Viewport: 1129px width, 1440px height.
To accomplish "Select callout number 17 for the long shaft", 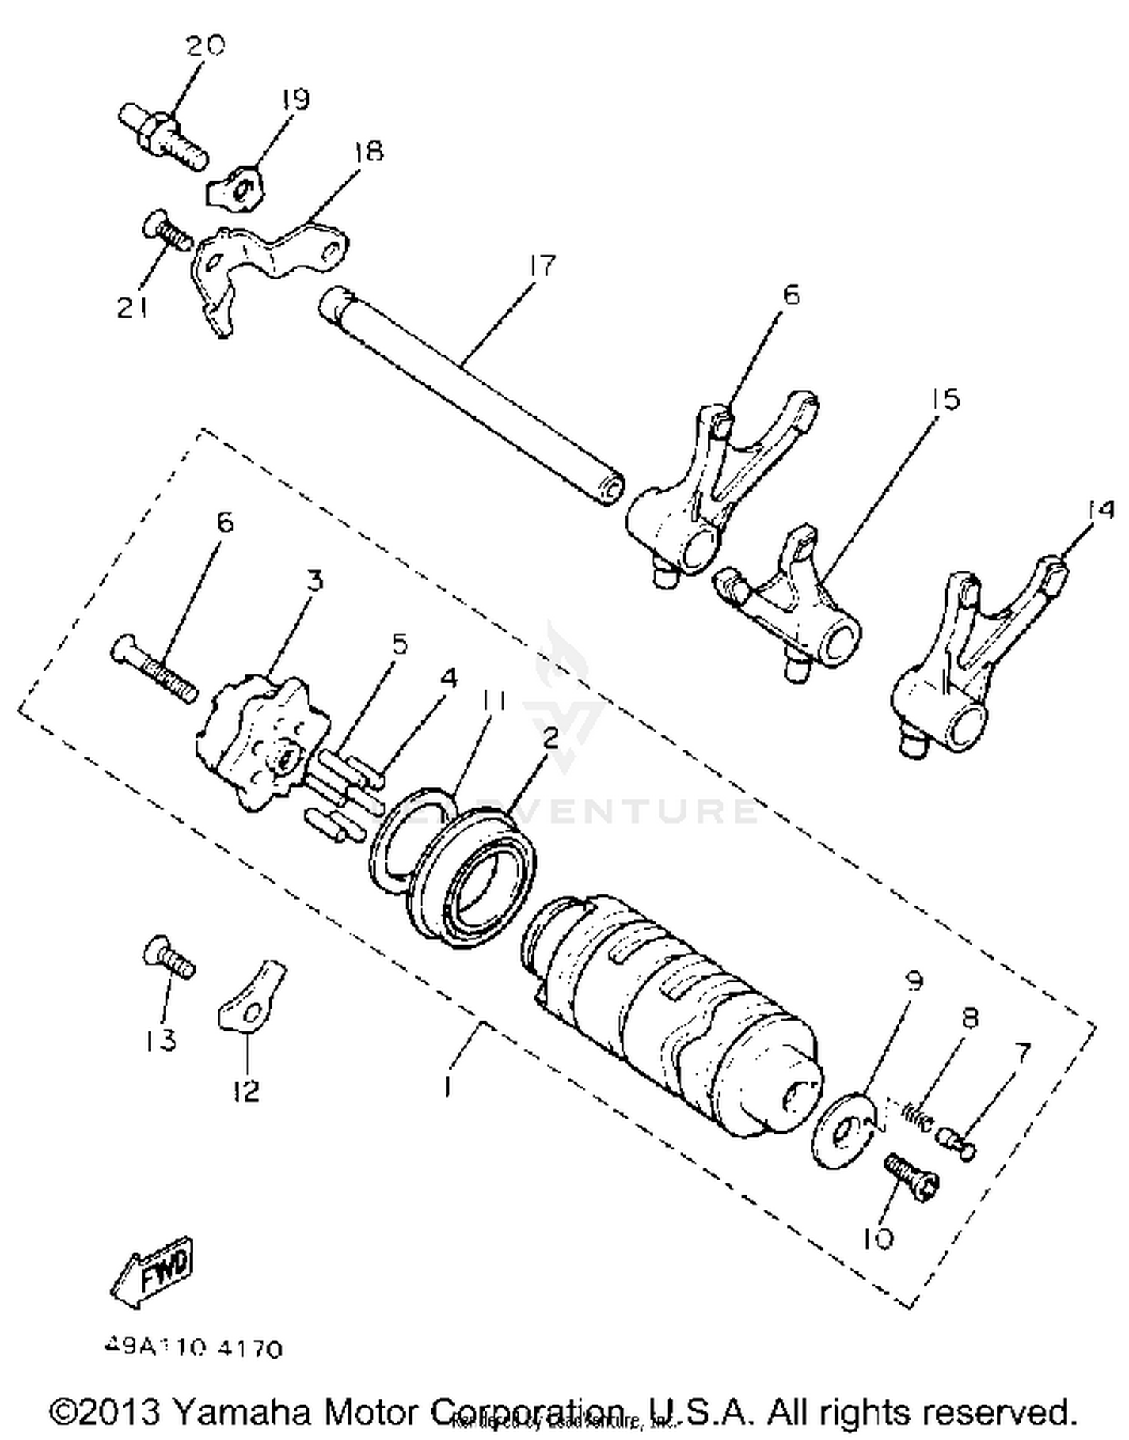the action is point(542,265).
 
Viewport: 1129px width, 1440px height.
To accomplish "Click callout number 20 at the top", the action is point(205,47).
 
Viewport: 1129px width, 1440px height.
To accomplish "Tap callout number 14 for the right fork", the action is point(1100,510).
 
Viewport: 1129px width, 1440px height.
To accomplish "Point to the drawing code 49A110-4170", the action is point(193,1347).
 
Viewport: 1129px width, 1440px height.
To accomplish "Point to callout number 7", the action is point(1021,1054).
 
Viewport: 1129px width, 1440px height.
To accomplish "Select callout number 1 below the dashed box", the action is point(448,1085).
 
